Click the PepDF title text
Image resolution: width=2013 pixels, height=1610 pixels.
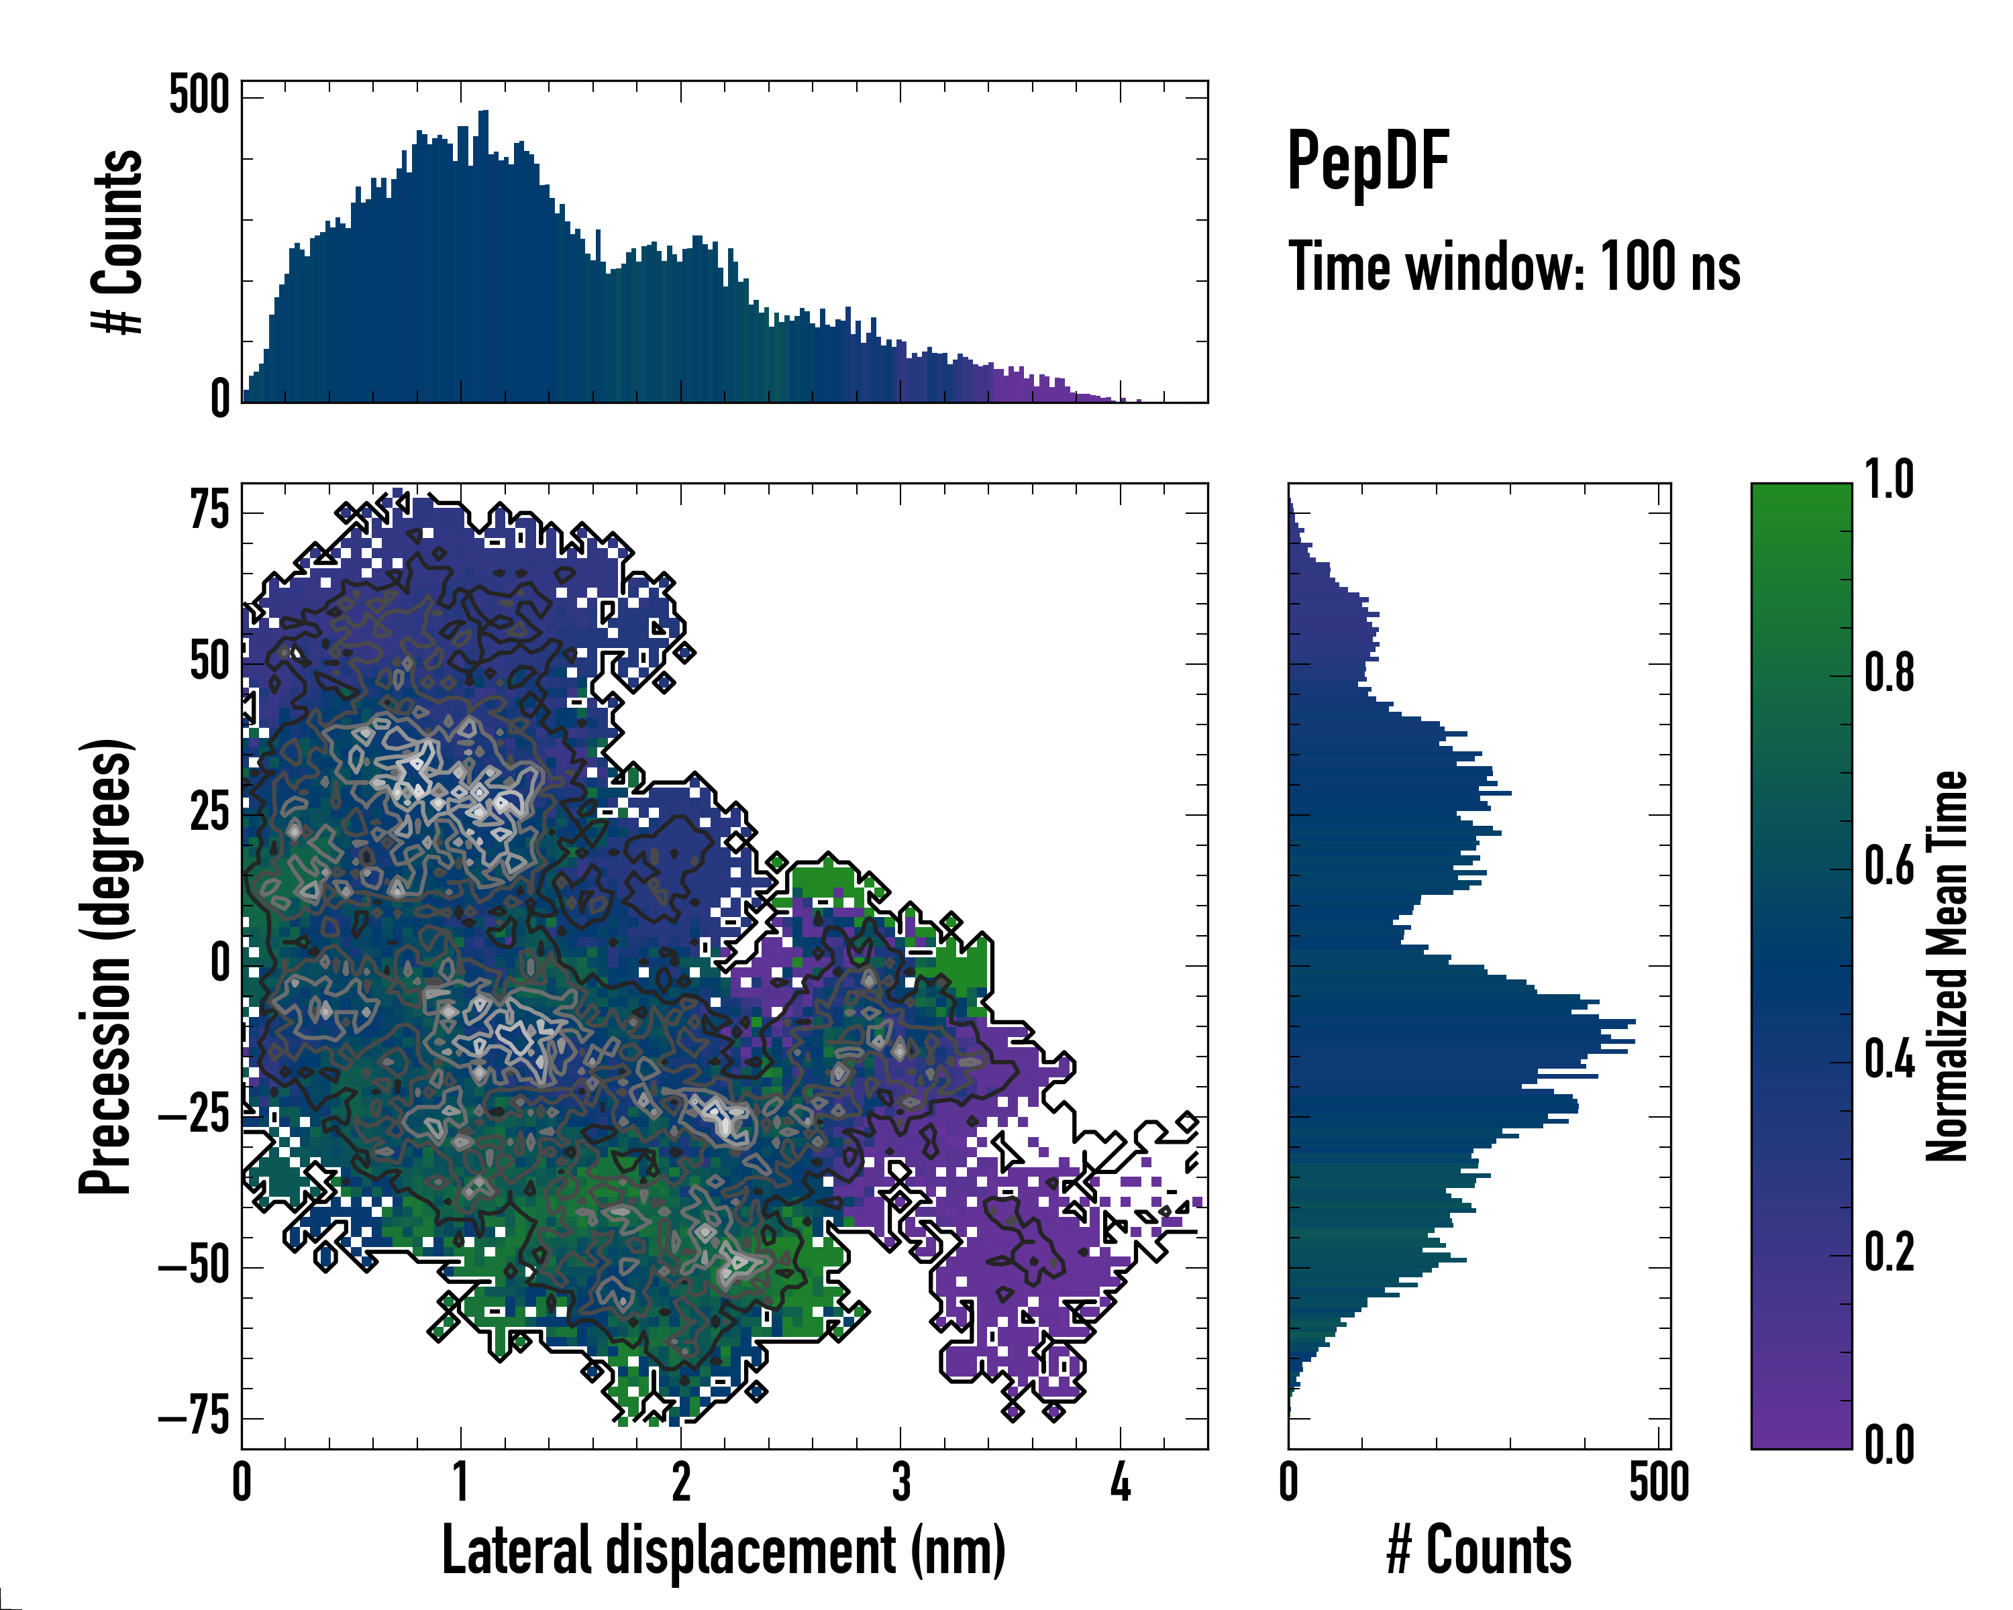point(1367,162)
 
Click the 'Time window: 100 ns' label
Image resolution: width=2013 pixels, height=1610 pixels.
point(1514,267)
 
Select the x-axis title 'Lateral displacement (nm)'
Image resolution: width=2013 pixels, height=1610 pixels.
point(723,1550)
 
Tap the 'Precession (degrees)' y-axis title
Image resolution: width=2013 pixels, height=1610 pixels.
point(105,966)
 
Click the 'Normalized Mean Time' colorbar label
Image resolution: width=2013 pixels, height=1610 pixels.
point(1946,966)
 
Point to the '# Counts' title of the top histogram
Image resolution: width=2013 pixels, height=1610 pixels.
point(117,241)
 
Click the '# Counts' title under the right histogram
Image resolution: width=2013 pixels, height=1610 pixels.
point(1479,1550)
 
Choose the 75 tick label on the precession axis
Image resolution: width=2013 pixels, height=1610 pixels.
point(209,511)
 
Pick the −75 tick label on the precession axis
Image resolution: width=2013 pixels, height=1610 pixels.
point(194,1417)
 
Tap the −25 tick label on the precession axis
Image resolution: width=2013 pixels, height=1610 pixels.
point(194,1116)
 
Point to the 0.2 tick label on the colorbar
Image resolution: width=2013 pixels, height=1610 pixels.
point(1889,1252)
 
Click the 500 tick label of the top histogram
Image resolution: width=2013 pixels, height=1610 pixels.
point(199,95)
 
